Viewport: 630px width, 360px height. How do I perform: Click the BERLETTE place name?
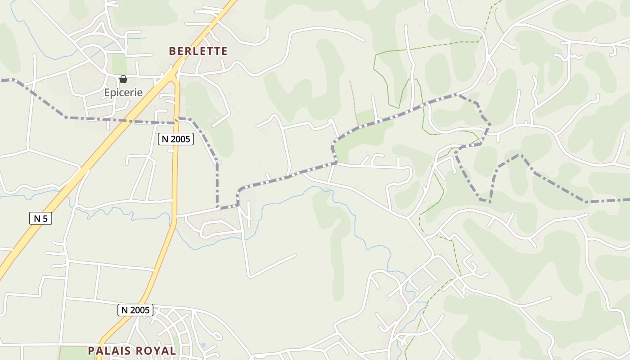coord(198,51)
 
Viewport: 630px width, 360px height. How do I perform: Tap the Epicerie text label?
coord(123,93)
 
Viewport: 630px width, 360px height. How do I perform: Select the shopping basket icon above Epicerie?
coord(123,80)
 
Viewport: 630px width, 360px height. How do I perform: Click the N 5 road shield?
coord(40,219)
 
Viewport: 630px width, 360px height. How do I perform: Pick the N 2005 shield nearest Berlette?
coord(176,139)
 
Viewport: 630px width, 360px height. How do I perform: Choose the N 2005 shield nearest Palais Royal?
coord(135,310)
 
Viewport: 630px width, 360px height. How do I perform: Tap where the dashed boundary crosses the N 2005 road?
coord(175,122)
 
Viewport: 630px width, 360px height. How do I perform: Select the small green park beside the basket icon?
coord(119,63)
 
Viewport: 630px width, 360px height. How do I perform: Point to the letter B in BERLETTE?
coord(172,51)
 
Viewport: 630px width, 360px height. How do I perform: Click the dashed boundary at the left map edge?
coord(2,80)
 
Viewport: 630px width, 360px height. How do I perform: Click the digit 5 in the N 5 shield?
coord(45,219)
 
